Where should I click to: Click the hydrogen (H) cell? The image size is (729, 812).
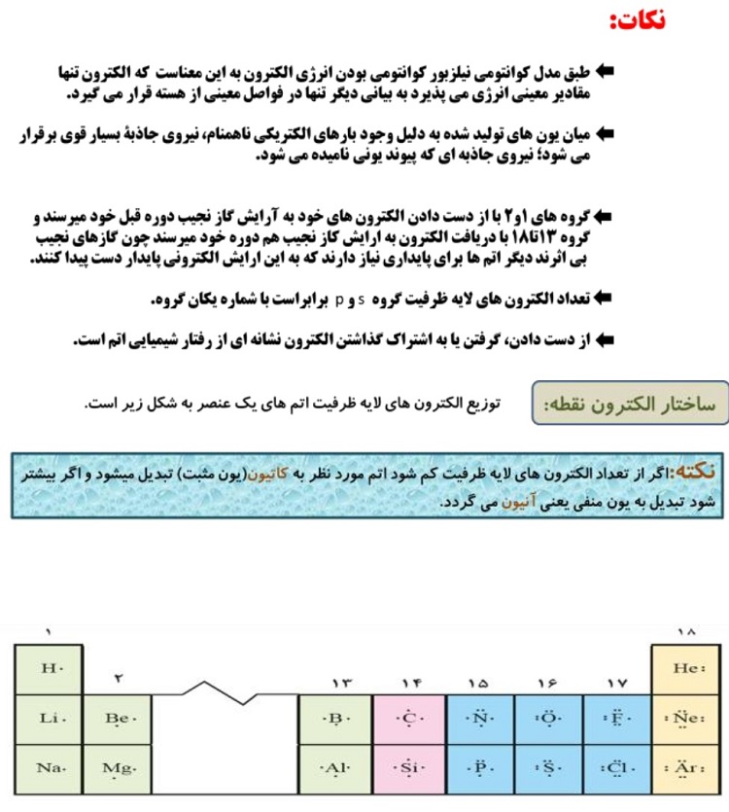pyautogui.click(x=49, y=669)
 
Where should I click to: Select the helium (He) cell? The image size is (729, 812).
pyautogui.click(x=686, y=669)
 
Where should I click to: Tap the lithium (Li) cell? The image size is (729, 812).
pyautogui.click(x=49, y=719)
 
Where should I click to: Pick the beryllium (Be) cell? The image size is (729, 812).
pyautogui.click(x=118, y=719)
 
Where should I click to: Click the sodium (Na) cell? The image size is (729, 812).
pyautogui.click(x=49, y=768)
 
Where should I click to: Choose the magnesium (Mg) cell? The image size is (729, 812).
pyautogui.click(x=118, y=768)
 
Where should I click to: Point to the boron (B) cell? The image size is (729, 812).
pyautogui.click(x=336, y=719)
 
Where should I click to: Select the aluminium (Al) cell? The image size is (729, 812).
pyautogui.click(x=336, y=768)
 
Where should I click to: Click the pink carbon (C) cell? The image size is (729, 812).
pyautogui.click(x=409, y=719)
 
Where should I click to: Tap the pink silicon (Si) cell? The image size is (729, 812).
pyautogui.click(x=409, y=768)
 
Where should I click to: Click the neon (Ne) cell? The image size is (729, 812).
pyautogui.click(x=686, y=719)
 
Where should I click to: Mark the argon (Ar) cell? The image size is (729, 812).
pyautogui.click(x=686, y=768)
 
